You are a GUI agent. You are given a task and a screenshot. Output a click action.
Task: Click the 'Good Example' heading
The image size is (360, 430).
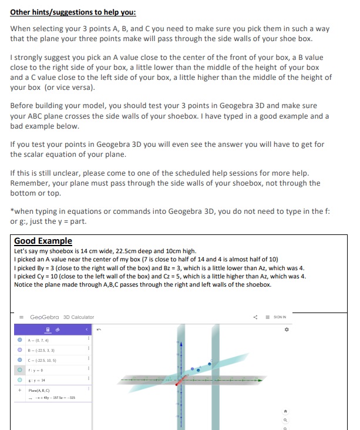pos(43,241)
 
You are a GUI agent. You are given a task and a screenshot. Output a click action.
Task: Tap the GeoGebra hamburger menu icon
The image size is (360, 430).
pos(21,317)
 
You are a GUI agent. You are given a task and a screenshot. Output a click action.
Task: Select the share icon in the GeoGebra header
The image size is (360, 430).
pos(254,317)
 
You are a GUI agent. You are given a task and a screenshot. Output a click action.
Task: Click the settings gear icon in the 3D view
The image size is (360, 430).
pos(287,330)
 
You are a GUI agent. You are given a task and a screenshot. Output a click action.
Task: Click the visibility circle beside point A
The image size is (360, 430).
pos(21,340)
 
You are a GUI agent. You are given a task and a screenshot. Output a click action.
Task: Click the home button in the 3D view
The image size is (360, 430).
pos(287,412)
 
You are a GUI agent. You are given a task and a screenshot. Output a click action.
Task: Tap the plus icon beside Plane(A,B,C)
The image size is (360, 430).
pos(21,389)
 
